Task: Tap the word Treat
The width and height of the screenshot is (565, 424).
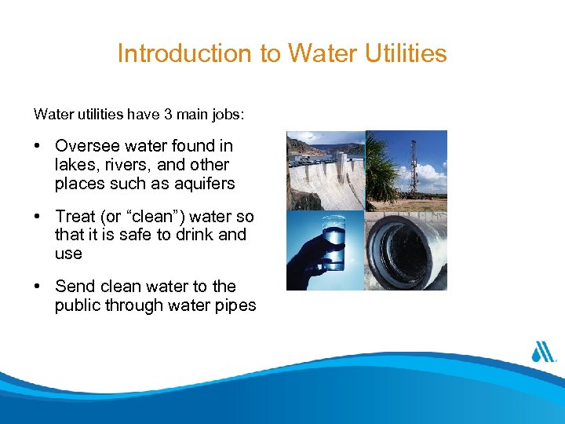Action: (x=74, y=216)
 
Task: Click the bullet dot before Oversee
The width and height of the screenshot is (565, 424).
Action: (x=38, y=147)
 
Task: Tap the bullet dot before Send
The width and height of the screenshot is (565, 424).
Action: (x=38, y=287)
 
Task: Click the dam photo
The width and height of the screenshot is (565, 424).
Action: (x=326, y=170)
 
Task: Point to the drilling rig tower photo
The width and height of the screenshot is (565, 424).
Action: (x=408, y=170)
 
